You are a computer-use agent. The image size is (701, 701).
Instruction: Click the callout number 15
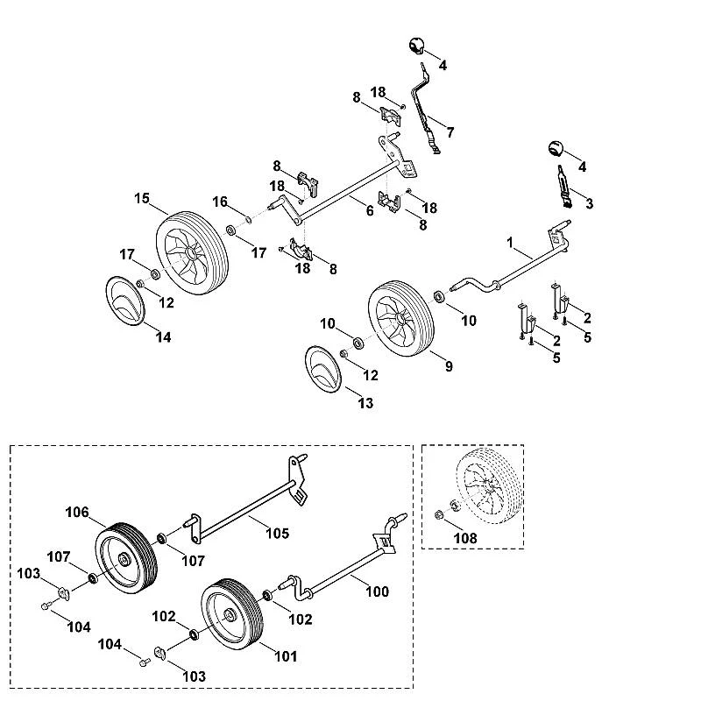[142, 199]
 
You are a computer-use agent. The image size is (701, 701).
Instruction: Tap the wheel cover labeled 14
[125, 300]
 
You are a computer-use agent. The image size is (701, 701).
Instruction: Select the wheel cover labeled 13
[323, 369]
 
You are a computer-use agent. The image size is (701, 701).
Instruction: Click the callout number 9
[449, 366]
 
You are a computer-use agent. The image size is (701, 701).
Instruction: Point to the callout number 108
[465, 538]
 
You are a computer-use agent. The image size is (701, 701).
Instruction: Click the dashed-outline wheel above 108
[489, 485]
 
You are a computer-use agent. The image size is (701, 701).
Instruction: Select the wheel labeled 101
[232, 614]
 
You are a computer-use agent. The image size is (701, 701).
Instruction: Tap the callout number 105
[278, 534]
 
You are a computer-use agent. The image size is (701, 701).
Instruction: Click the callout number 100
[378, 591]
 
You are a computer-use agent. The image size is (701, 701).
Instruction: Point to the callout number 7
[450, 132]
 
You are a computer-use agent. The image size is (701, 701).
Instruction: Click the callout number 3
[590, 203]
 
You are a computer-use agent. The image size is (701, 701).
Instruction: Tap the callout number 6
[370, 210]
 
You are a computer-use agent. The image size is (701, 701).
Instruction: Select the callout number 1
[510, 243]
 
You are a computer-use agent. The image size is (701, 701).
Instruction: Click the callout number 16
[220, 202]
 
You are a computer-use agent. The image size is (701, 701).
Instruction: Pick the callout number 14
[163, 337]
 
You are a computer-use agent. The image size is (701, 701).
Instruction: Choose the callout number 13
[365, 403]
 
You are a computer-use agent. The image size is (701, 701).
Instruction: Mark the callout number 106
[77, 512]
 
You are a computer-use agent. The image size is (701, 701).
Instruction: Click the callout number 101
[286, 656]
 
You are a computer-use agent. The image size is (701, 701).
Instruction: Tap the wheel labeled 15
[192, 252]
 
